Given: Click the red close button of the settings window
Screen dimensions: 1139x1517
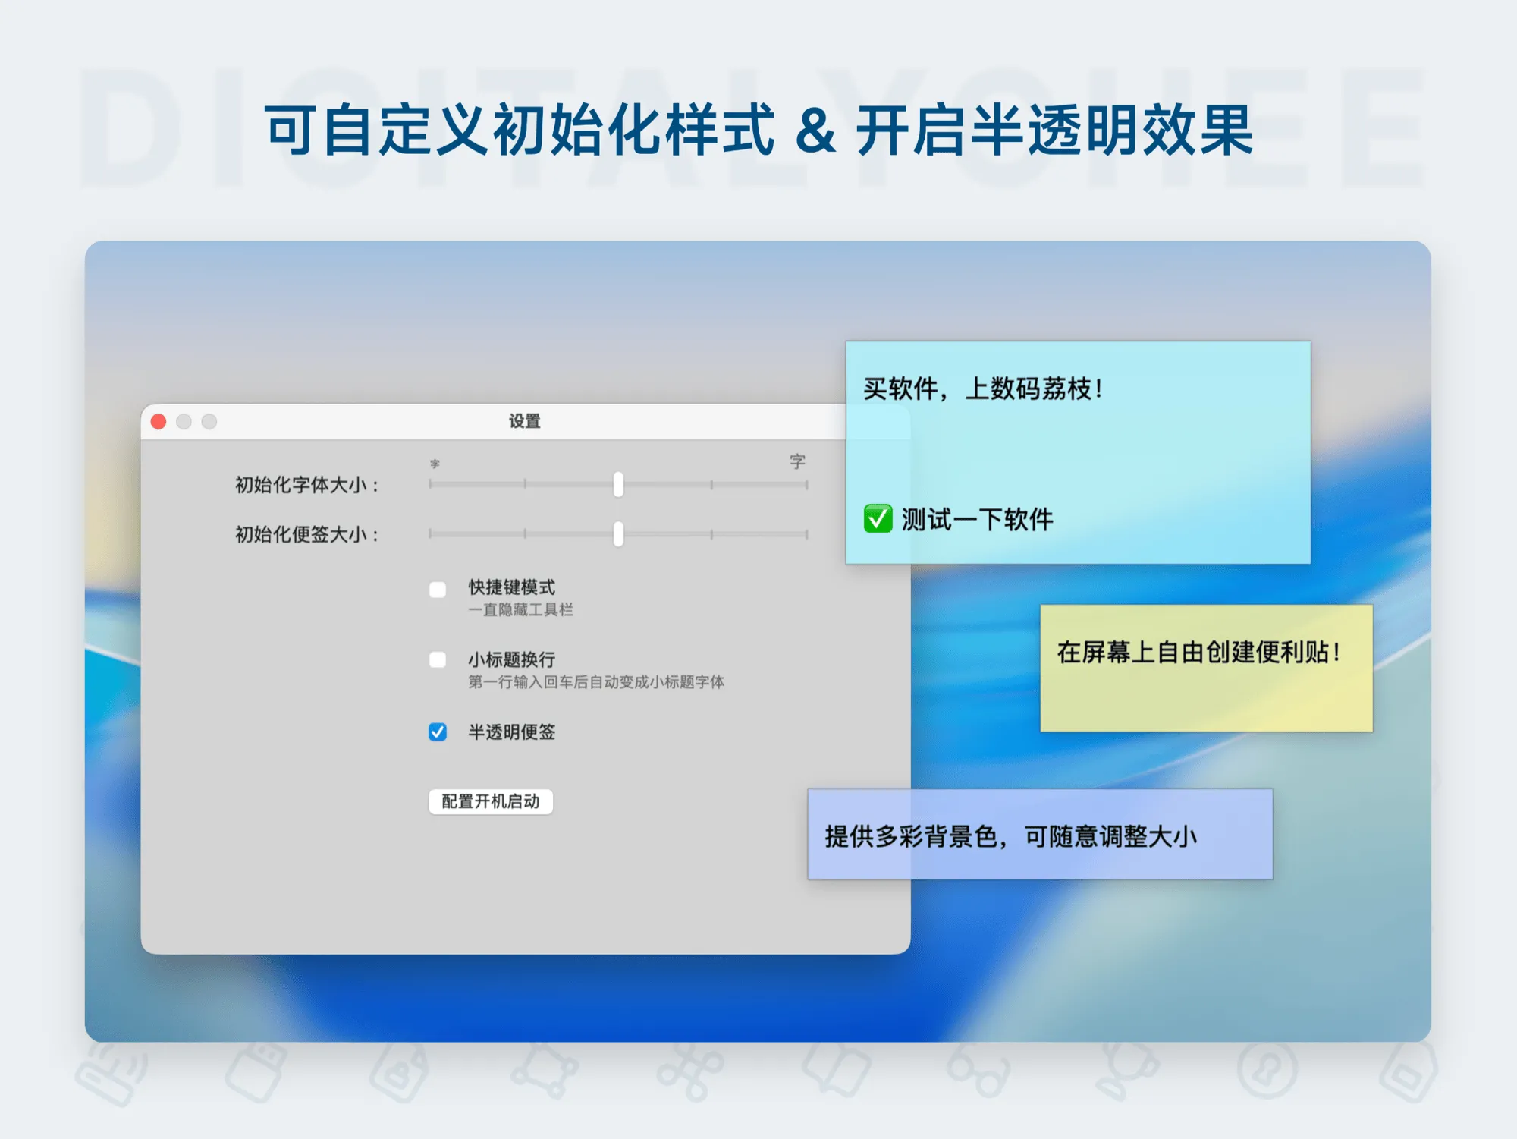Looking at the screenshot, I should coord(159,422).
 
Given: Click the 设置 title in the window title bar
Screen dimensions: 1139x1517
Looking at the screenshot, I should coord(524,421).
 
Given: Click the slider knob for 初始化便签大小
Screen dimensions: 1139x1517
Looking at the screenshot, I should coord(618,534).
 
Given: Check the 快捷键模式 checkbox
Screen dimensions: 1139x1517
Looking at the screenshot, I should coord(438,590).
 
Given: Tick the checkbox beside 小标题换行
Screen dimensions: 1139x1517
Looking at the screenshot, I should coord(438,659).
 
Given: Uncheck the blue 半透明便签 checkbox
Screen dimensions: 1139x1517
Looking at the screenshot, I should coord(438,732).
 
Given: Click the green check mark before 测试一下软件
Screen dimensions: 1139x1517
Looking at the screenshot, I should coord(878,519).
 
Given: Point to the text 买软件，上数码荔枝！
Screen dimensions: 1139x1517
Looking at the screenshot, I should coord(983,389).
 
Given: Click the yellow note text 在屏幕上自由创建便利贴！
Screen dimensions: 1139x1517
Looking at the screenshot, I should coord(1198,652).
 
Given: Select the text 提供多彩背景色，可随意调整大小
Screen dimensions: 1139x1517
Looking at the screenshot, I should coord(1010,836).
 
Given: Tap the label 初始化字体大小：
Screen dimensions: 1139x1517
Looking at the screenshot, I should coord(306,485).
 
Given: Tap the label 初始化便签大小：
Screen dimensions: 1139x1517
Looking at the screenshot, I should coord(306,535).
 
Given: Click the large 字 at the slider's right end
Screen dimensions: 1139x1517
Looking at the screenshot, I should coord(797,461).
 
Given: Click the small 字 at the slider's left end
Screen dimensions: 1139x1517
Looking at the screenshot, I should coord(435,464).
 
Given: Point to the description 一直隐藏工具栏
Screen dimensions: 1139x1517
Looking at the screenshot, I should coord(520,610).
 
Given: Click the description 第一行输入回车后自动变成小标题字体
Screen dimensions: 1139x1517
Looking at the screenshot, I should coord(595,682).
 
